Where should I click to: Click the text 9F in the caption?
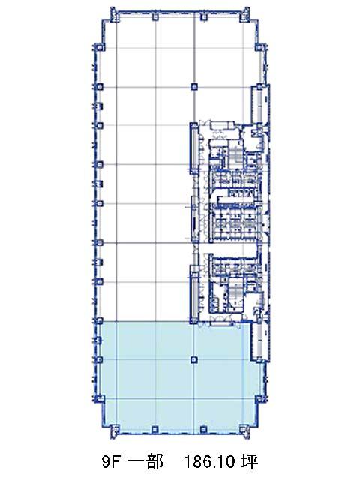[x=110, y=462]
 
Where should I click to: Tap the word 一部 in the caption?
[x=145, y=462]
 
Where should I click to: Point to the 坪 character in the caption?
[x=250, y=462]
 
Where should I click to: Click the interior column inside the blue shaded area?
[x=193, y=360]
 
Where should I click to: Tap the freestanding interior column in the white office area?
[x=193, y=87]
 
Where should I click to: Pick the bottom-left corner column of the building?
[x=113, y=430]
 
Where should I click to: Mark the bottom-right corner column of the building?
[x=244, y=430]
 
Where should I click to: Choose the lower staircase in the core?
[x=235, y=291]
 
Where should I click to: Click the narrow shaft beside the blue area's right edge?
[x=259, y=342]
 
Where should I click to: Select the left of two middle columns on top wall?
[x=155, y=16]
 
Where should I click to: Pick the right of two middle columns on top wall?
[x=203, y=16]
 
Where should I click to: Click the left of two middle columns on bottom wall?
[x=155, y=430]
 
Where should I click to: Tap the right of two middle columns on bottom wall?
[x=202, y=430]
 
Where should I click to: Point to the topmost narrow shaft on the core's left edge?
[x=194, y=148]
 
